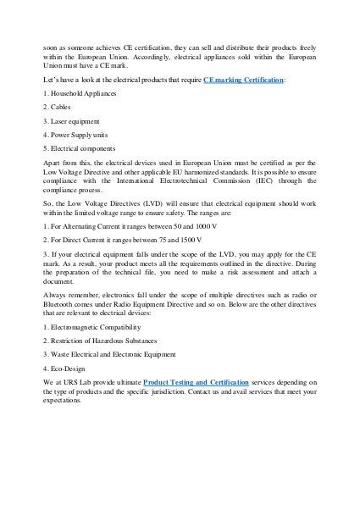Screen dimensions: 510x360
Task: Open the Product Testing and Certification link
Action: pyautogui.click(x=197, y=383)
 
